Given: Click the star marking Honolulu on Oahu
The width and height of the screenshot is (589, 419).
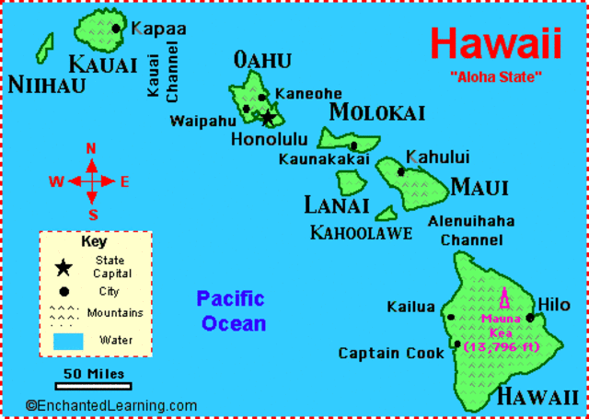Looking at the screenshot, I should [x=268, y=118].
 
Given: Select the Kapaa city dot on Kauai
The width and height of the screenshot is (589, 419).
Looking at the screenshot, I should [x=117, y=28].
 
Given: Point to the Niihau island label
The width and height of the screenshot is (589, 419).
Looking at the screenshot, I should [x=46, y=85].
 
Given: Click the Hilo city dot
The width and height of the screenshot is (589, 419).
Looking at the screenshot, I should [x=530, y=318].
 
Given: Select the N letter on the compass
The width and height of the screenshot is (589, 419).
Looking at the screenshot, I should [x=91, y=149].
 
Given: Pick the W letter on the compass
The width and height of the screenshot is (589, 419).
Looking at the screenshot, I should [x=56, y=181].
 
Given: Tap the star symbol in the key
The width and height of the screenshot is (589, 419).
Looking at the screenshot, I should [x=64, y=268].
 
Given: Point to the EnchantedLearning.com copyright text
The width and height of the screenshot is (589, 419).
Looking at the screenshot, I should [x=111, y=405].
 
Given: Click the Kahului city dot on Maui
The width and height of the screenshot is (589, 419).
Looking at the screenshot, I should [x=401, y=171].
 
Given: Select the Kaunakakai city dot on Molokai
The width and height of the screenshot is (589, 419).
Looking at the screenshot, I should [x=353, y=145].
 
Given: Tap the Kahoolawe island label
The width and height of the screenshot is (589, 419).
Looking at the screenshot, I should [x=361, y=233].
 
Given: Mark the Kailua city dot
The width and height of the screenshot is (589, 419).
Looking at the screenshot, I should [x=451, y=317].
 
